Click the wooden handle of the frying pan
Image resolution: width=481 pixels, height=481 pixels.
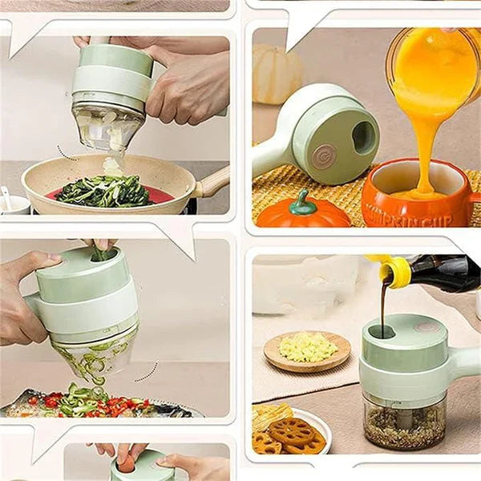[212, 184]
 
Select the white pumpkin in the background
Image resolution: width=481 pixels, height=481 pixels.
[277, 74]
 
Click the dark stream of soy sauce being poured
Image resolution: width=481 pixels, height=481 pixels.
[384, 309]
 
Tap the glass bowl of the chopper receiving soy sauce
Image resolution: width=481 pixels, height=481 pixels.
[405, 421]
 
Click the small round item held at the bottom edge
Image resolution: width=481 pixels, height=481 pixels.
[127, 464]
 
